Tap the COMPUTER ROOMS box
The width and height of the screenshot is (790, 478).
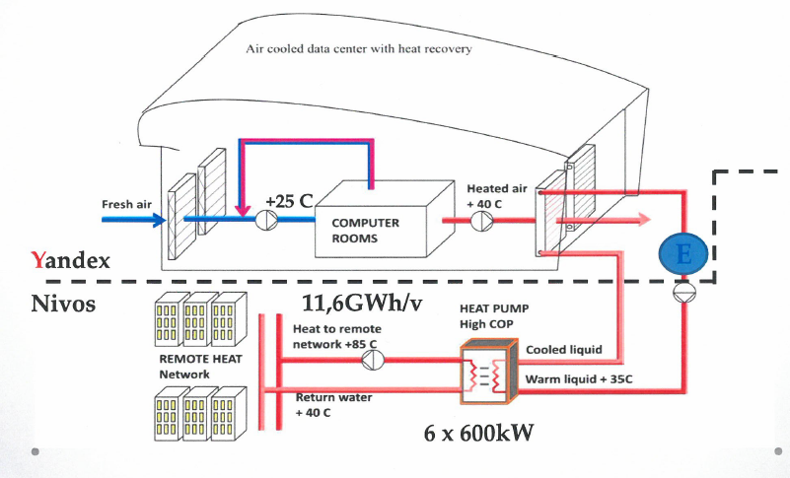coord(365,229)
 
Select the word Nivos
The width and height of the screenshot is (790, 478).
coord(62,304)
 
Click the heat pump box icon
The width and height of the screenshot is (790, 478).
coord(487,373)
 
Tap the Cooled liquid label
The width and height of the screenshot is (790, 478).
coord(558,349)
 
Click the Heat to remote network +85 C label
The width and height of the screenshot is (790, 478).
coord(337,336)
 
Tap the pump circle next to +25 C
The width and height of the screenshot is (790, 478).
coord(268,222)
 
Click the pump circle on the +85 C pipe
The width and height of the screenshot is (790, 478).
coord(371,361)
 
